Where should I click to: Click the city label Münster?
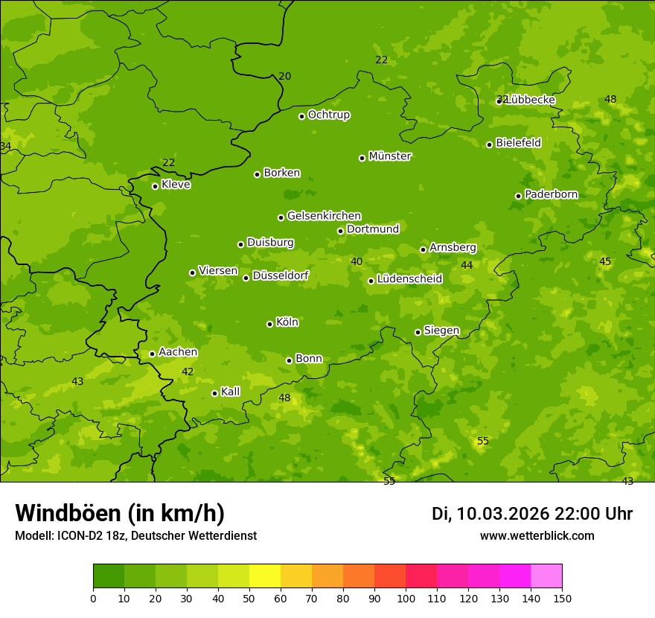389,156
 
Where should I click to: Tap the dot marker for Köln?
269,324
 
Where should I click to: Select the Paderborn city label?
551,194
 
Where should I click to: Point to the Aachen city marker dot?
152,354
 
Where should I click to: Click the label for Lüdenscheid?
409,279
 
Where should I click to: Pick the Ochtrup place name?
328,115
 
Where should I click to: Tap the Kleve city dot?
155,186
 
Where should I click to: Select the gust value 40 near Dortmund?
357,261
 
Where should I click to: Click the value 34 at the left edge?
5,146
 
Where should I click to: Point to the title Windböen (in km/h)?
120,513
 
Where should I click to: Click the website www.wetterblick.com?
537,536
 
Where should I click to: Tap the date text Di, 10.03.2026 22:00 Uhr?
532,514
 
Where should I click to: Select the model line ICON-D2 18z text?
135,536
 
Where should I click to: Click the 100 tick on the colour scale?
406,598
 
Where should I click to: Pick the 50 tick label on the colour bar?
249,598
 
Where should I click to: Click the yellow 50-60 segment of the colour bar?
265,576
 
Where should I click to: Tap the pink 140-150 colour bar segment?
546,576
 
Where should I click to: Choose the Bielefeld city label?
518,142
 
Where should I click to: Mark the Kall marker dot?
214,393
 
